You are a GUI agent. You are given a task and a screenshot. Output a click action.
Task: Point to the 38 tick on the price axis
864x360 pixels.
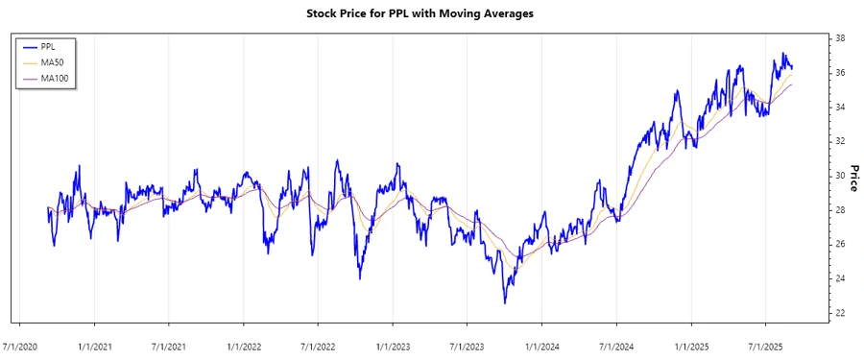tap(840, 38)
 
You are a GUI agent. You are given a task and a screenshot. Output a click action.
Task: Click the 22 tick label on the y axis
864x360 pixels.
tap(840, 313)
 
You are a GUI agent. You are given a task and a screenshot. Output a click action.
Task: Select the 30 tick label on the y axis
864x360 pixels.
tap(840, 176)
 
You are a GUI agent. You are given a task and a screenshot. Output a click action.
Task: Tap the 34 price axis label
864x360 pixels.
tap(840, 108)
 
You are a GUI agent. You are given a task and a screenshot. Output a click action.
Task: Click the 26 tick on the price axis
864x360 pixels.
tap(840, 245)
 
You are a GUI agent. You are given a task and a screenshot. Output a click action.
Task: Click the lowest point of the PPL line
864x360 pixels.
tap(505, 303)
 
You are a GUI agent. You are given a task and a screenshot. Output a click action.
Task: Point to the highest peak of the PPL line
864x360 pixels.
tap(784, 53)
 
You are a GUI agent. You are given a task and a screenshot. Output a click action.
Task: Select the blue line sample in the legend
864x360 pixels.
tap(29, 46)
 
